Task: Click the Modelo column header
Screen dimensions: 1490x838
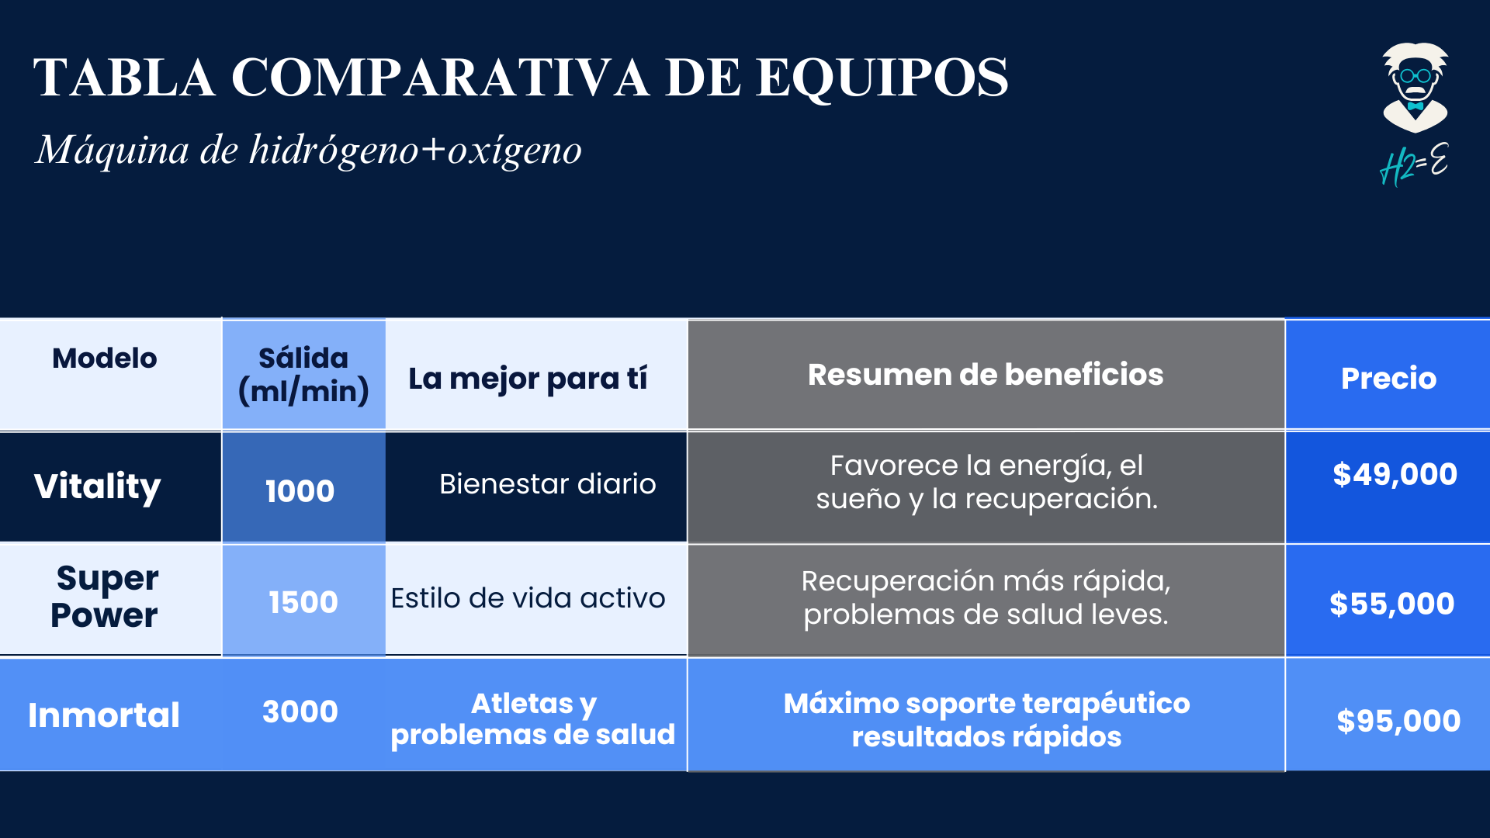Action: tap(105, 358)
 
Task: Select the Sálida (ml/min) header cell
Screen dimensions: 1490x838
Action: tap(303, 375)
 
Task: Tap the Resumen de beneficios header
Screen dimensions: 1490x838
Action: tap(986, 375)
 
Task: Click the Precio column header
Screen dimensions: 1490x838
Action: tap(1388, 379)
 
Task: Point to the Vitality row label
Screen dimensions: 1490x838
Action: tap(98, 487)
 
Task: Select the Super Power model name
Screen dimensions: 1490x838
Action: tap(105, 597)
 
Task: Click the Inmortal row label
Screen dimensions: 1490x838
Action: tap(104, 715)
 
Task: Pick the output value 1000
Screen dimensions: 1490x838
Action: tap(300, 491)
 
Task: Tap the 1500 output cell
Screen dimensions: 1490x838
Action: tap(303, 602)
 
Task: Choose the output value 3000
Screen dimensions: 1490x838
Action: tap(300, 712)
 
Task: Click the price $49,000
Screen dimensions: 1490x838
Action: tap(1395, 474)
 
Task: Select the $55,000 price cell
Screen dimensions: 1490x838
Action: tap(1392, 604)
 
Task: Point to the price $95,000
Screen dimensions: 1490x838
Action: tap(1398, 721)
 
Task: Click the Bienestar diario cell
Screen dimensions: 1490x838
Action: tap(548, 484)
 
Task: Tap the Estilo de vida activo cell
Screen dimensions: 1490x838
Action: tap(528, 598)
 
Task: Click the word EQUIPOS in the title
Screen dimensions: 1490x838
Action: tap(882, 78)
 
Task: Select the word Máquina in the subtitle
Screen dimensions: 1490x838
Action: tap(113, 151)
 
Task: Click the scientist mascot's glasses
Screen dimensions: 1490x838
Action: tap(1415, 76)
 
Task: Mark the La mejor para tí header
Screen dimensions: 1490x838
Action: tap(528, 379)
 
